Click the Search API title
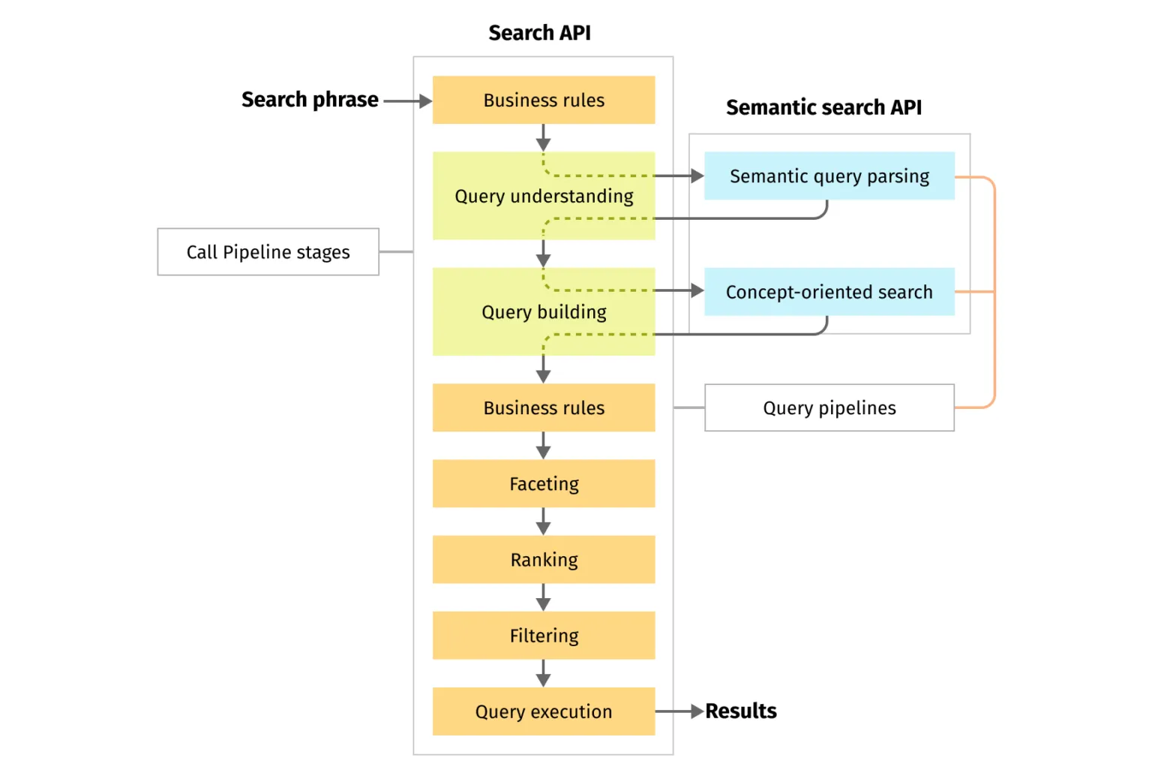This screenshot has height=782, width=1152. click(x=539, y=33)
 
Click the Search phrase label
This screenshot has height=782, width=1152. click(x=310, y=100)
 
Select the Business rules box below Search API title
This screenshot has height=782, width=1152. click(x=544, y=100)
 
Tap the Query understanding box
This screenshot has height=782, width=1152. click(x=544, y=197)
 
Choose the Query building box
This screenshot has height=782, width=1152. click(x=544, y=312)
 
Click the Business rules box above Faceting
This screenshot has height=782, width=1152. click(x=544, y=408)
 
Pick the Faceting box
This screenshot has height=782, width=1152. click(x=544, y=484)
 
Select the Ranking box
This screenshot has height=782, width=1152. click(x=544, y=560)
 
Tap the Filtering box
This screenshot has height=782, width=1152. click(x=544, y=636)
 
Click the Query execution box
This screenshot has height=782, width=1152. click(x=544, y=711)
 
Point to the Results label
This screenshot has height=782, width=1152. click(x=741, y=711)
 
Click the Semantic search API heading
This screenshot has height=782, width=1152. click(x=823, y=107)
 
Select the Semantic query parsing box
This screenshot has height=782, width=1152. click(x=829, y=176)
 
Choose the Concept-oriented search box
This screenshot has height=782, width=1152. click(x=829, y=292)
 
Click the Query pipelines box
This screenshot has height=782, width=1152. click(x=829, y=408)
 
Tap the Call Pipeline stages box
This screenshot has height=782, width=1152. click(x=268, y=252)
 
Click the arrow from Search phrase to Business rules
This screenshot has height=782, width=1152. click(x=407, y=101)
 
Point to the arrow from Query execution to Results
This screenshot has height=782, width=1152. click(x=679, y=711)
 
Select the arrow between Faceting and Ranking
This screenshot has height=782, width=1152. click(x=544, y=522)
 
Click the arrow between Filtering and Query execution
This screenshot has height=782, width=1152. click(x=544, y=673)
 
